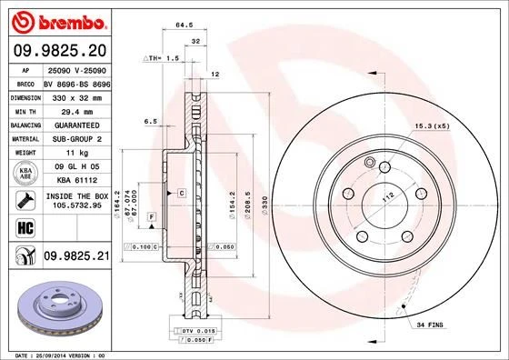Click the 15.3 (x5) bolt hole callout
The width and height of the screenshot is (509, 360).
(x=433, y=125)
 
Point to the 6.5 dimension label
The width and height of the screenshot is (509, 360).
(x=151, y=122)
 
